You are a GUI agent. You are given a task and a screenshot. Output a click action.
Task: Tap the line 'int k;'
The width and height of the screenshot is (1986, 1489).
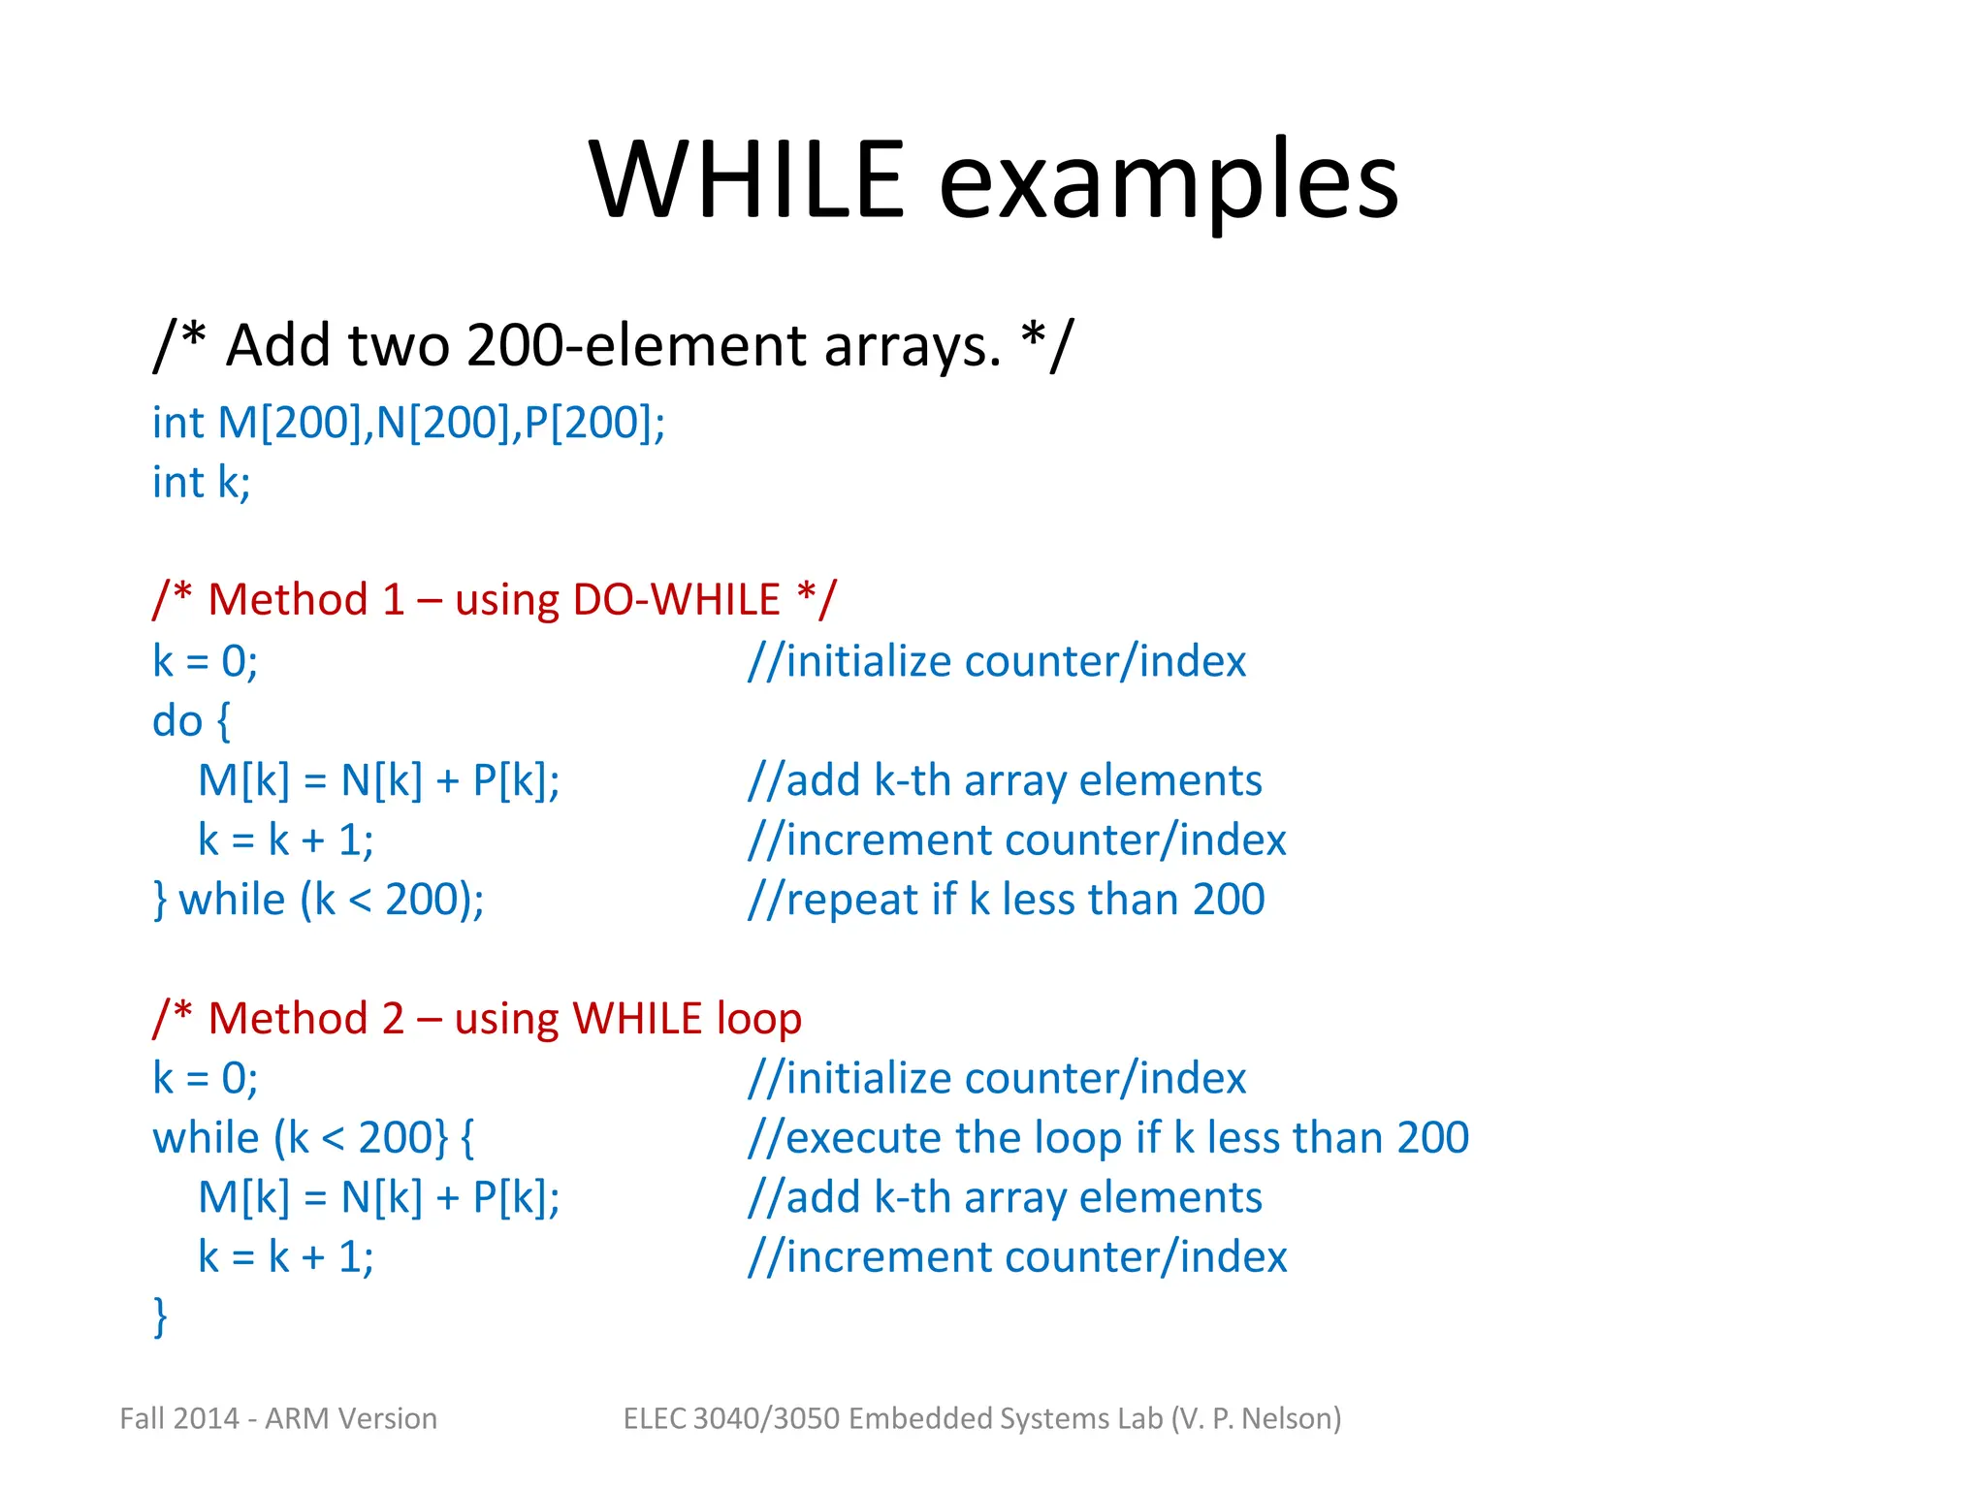[201, 483]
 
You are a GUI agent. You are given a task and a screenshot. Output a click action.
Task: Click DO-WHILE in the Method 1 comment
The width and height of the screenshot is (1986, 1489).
[676, 600]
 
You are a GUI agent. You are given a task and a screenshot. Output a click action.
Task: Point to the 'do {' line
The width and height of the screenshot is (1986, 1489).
[191, 721]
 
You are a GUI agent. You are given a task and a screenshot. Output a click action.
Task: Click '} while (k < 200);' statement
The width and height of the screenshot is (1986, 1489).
[319, 900]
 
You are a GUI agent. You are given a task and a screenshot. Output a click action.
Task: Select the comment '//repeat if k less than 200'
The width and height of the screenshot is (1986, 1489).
[1006, 900]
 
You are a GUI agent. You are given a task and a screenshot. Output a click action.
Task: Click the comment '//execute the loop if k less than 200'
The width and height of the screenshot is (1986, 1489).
[1108, 1138]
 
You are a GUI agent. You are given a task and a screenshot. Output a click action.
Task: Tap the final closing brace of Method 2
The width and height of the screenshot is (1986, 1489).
[161, 1316]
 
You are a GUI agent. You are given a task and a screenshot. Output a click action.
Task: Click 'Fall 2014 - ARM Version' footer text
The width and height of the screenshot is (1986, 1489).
[278, 1418]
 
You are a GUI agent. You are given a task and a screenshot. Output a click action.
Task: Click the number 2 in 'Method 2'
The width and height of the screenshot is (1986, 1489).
[393, 1019]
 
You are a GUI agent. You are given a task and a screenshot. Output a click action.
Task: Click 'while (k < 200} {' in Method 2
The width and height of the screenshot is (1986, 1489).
[313, 1138]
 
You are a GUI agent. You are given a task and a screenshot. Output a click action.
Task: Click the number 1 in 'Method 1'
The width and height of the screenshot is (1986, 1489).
[393, 600]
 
